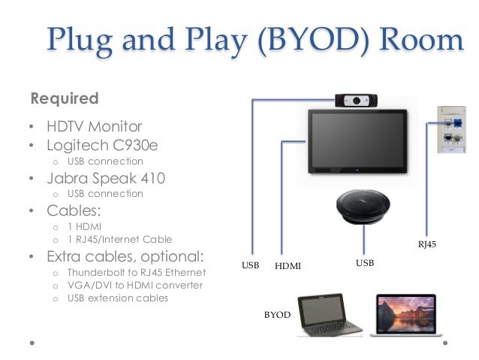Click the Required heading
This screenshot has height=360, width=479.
(x=64, y=98)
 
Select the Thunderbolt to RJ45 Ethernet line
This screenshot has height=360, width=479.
(x=136, y=271)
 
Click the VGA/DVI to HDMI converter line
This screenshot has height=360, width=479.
(x=134, y=285)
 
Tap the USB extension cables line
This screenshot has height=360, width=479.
(x=117, y=298)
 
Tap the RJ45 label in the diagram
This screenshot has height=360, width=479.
(x=426, y=244)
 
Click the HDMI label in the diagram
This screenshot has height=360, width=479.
(x=288, y=266)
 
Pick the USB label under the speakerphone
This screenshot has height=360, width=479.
(x=364, y=263)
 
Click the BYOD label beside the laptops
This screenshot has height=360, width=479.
(x=277, y=316)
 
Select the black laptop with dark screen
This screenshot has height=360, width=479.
(x=328, y=314)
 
